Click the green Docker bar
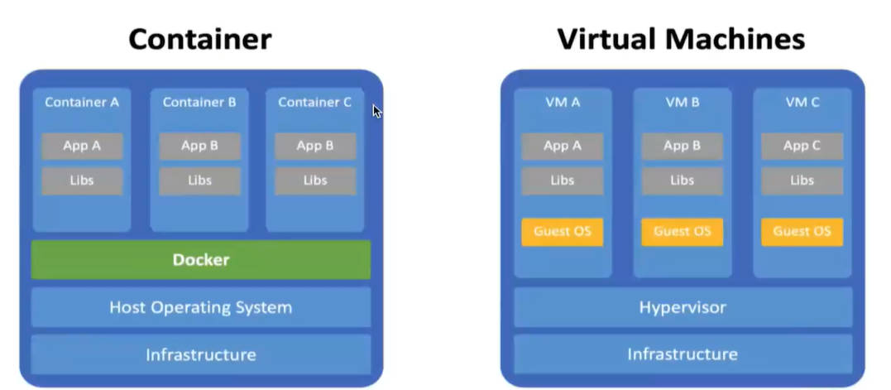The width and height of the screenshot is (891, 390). (201, 260)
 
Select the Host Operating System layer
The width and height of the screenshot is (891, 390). (201, 307)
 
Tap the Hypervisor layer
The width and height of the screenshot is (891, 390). (683, 307)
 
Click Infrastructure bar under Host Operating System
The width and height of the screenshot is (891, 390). (201, 354)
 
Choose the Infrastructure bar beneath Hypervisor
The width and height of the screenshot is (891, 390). (683, 354)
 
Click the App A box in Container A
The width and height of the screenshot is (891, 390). (82, 146)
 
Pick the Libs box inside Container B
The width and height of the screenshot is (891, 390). (199, 181)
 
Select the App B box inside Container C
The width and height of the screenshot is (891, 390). (315, 146)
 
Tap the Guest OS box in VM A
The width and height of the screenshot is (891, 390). (563, 232)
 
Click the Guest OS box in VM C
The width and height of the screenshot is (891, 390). (802, 232)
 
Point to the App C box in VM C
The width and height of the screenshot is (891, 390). (802, 146)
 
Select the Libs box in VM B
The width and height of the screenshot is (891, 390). (683, 181)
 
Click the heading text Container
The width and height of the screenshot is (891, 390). (200, 39)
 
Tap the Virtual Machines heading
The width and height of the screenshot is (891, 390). (681, 39)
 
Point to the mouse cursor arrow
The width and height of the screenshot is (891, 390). (376, 111)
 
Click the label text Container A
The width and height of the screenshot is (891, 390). (82, 103)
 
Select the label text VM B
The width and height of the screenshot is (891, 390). (683, 103)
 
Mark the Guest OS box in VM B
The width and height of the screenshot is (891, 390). (683, 232)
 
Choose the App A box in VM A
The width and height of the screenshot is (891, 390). (563, 146)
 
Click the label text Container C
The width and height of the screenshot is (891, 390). (315, 103)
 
